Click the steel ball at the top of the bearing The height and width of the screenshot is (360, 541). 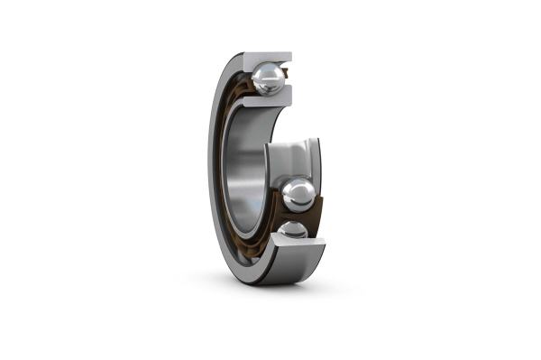click(x=268, y=78)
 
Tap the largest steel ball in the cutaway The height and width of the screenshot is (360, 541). click(x=298, y=193)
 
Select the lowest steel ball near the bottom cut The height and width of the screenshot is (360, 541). click(x=292, y=232)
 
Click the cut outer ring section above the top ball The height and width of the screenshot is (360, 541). click(x=265, y=57)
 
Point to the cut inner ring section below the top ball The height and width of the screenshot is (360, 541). click(x=268, y=101)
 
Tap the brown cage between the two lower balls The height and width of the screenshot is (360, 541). click(x=287, y=217)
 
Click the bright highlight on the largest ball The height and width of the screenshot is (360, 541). click(x=295, y=188)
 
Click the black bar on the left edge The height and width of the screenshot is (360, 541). click(x=44, y=180)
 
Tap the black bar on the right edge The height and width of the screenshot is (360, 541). click(x=495, y=180)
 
